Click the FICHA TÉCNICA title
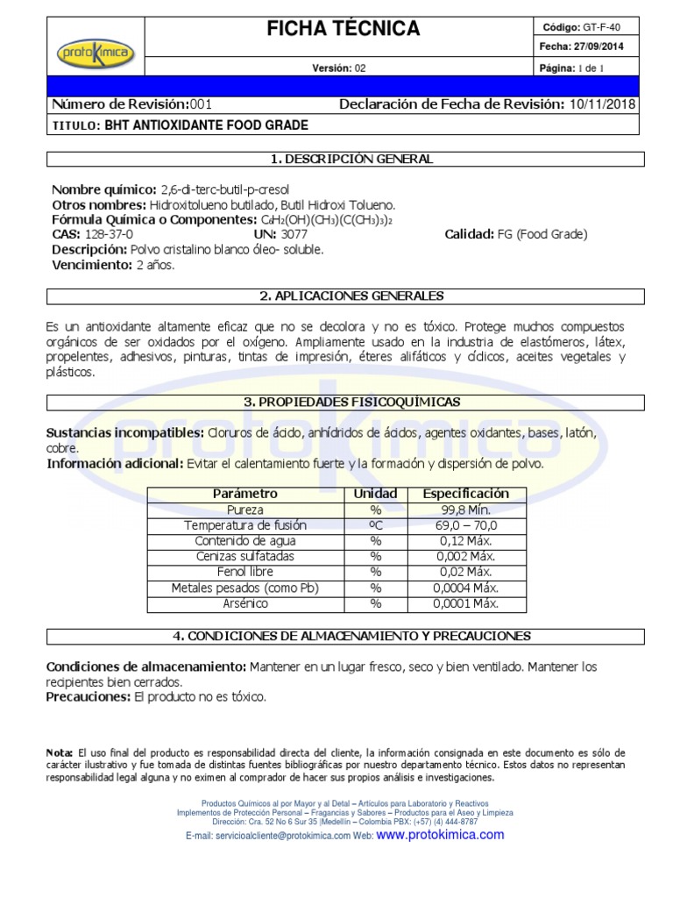(x=344, y=29)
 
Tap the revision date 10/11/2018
(x=603, y=105)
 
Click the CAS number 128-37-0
(x=109, y=234)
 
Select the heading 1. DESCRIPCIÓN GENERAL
(x=345, y=159)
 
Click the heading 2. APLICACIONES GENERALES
(x=345, y=296)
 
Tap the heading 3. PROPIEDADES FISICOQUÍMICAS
(x=345, y=402)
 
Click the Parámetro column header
(x=245, y=494)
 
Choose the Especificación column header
(x=465, y=494)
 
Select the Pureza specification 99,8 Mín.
(x=465, y=510)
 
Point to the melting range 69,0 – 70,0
(x=465, y=525)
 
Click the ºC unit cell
(x=375, y=525)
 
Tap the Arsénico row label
(x=245, y=603)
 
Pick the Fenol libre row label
(x=245, y=572)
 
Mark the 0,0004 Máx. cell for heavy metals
(x=465, y=588)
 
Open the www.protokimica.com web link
(x=440, y=835)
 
